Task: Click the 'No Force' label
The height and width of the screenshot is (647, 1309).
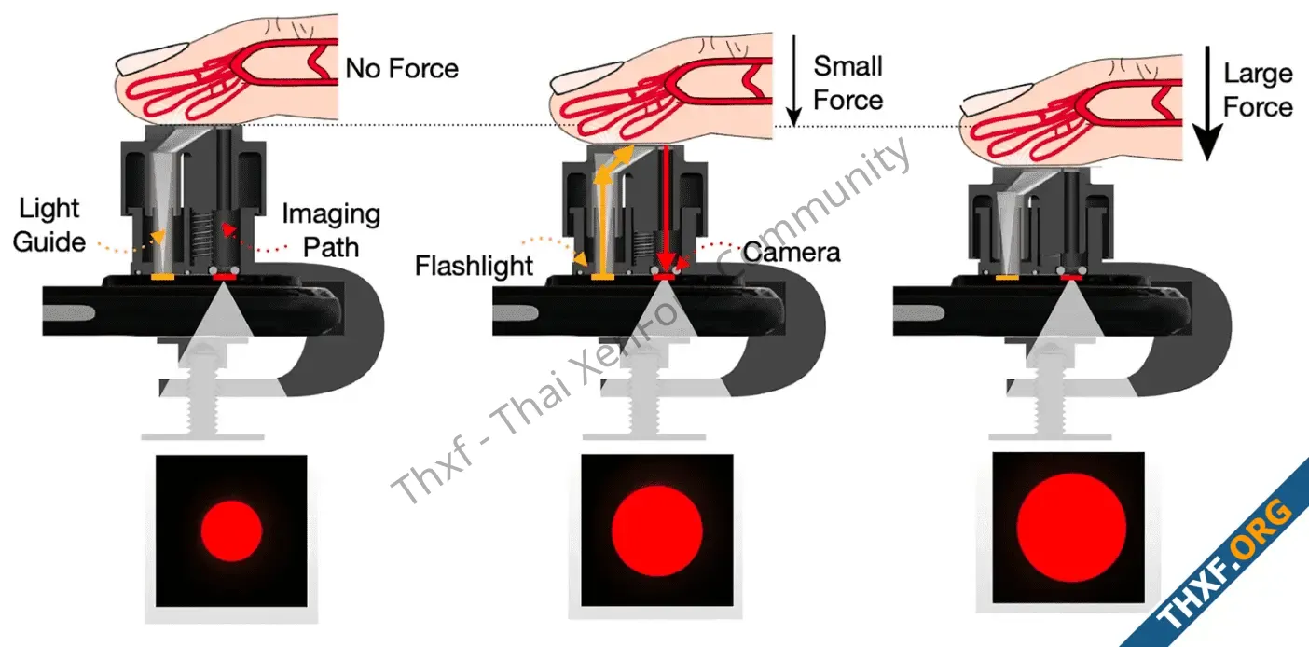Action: click(x=402, y=68)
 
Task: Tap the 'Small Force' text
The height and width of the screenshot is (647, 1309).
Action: click(x=847, y=83)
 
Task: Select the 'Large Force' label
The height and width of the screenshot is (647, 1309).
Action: click(x=1258, y=90)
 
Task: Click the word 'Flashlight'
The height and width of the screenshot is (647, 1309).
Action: click(x=475, y=266)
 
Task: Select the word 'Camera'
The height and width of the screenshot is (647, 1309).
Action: click(x=792, y=252)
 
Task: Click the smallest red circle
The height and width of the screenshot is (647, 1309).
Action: click(x=231, y=529)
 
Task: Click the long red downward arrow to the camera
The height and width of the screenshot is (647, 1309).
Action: click(x=665, y=205)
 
